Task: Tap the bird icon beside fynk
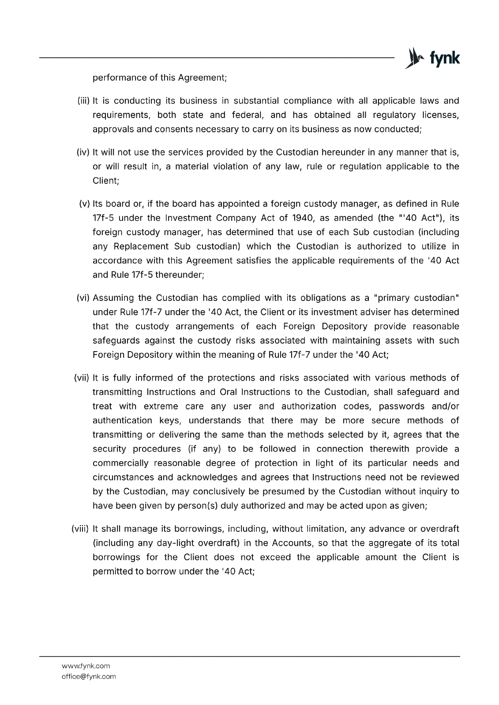coord(413,58)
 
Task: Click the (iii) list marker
coord(83,101)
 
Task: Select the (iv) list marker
coord(83,152)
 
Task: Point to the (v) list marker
coord(84,204)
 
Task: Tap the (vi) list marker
coord(83,298)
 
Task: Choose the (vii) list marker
coord(82,378)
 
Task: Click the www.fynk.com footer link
coord(86,666)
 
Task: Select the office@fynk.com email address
coord(89,676)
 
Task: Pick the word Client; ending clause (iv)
coord(106,181)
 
